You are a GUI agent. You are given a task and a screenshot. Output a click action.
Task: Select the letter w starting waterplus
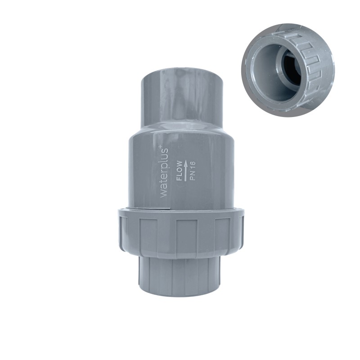[164, 193]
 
